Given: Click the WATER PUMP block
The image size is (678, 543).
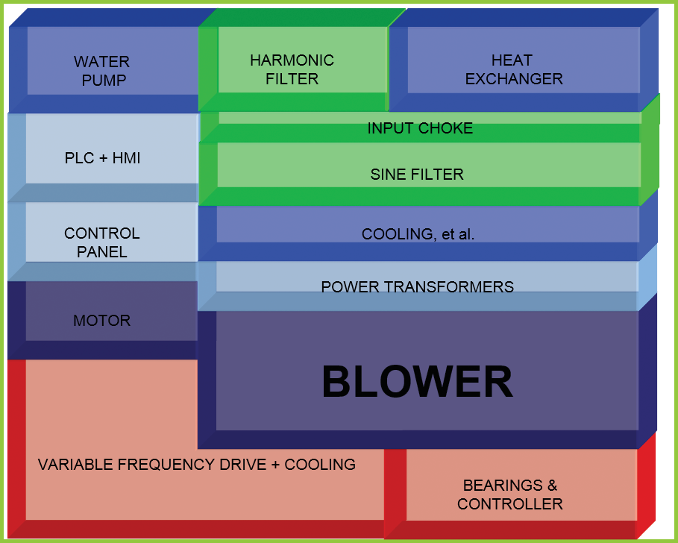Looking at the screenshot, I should [102, 70].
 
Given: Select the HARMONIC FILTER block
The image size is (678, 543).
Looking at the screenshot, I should [292, 69].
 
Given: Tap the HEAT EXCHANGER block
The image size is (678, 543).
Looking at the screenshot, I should [513, 69].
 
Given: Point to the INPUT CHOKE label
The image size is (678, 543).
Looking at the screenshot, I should [420, 128].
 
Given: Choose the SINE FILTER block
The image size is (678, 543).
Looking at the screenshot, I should [417, 174].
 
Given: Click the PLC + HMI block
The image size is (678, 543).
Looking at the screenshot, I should [102, 158].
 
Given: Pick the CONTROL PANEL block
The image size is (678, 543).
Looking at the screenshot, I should [102, 242].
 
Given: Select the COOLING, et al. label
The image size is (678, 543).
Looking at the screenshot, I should [418, 234].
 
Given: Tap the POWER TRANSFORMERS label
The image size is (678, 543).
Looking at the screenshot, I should [417, 286].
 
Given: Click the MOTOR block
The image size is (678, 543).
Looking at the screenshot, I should [102, 321].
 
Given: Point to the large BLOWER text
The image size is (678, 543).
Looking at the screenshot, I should [417, 381].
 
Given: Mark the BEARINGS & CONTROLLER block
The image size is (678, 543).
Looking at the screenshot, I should [510, 494].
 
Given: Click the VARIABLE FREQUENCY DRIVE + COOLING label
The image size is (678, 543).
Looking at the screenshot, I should [196, 465].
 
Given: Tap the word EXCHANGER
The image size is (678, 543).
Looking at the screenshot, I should [513, 78].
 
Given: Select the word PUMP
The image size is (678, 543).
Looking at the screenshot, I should [102, 80].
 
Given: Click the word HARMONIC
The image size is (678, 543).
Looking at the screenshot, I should [292, 60].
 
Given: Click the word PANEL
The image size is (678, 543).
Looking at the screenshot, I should [102, 252].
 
